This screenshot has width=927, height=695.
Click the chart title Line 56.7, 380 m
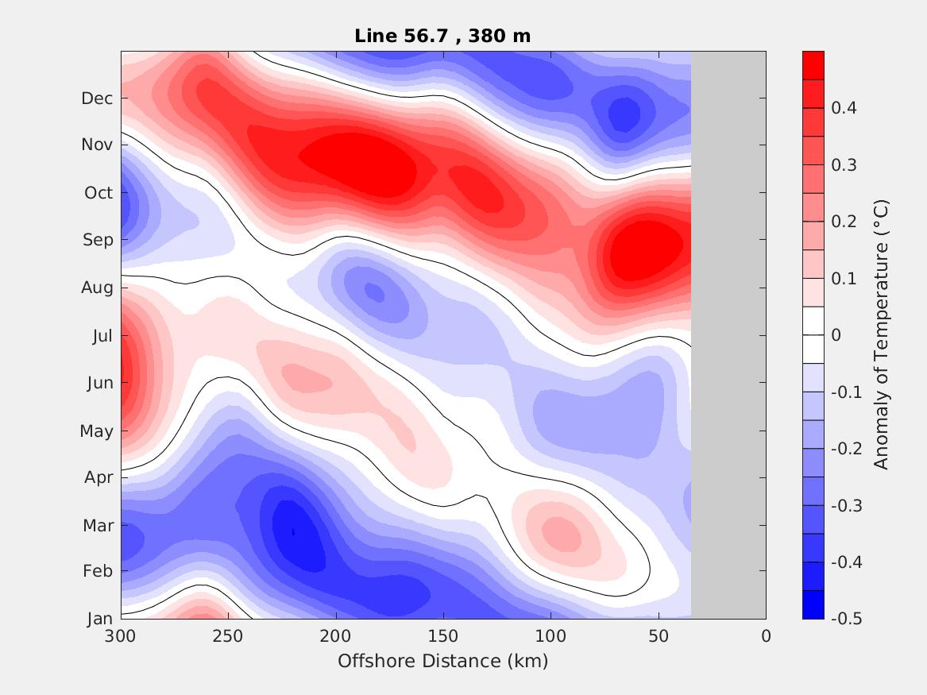pos(442,36)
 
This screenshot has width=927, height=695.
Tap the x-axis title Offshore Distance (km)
pos(442,661)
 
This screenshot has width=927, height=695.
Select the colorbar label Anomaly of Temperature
pos(880,334)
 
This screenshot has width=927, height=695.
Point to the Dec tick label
pos(97,98)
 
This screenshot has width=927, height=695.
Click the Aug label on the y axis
pos(97,288)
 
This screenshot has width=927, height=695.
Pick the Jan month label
pos(99,620)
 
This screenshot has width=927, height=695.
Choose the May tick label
pos(96,431)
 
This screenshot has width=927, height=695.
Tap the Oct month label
pos(98,193)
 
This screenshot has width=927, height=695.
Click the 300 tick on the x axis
pos(121,636)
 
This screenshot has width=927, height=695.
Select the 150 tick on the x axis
pos(443,636)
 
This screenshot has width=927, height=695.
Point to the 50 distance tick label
pos(659,636)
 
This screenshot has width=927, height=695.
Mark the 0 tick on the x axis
pos(766,636)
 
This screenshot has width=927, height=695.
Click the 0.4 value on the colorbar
pos(843,108)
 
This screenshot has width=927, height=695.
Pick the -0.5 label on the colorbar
pos(845,619)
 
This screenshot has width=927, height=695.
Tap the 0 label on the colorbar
pos(836,335)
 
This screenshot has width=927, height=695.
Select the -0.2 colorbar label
pos(845,449)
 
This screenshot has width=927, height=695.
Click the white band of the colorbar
pos(813,334)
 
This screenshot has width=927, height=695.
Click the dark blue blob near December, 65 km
pos(624,114)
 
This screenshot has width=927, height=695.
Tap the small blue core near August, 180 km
pos(374,292)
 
